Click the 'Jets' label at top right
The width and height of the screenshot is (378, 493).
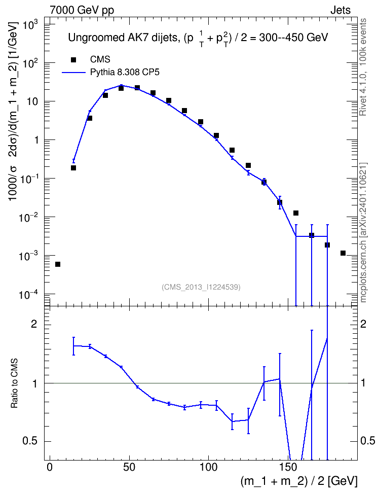point(341,10)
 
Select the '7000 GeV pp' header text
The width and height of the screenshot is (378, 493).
point(82,10)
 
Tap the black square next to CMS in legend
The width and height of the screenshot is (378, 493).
point(73,60)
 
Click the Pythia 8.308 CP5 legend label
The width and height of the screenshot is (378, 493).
point(125,73)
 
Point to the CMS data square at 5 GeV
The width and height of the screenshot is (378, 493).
point(57,264)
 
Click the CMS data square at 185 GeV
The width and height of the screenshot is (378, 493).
point(343,253)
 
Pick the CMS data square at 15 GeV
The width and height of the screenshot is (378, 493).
point(73,168)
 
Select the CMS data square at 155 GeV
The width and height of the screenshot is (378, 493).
point(296,213)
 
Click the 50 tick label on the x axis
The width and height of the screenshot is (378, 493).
point(129,467)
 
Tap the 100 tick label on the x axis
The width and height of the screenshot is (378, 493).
point(208,467)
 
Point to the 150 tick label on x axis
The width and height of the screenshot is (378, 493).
point(288,467)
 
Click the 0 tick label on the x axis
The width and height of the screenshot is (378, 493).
point(50,467)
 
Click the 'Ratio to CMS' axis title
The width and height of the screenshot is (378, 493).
point(15,383)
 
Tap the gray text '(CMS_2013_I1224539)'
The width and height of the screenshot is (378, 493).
point(201,287)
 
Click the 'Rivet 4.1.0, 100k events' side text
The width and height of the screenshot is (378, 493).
point(363,67)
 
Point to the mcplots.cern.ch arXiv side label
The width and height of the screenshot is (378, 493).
point(363,233)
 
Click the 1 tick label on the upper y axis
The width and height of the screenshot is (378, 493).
point(36,140)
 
